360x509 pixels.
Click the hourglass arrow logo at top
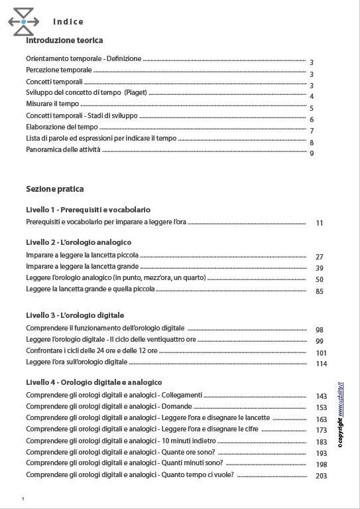click(x=23, y=22)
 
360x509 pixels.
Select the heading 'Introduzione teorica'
click(x=64, y=40)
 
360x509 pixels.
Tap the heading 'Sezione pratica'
click(x=55, y=189)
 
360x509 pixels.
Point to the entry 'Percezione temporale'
click(x=59, y=70)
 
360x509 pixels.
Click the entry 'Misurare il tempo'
click(x=52, y=104)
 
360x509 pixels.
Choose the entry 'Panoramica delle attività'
click(x=64, y=150)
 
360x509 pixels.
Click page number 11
click(x=320, y=223)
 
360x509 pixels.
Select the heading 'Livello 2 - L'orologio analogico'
click(x=78, y=242)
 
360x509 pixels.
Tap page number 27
click(x=320, y=257)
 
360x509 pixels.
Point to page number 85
click(x=320, y=291)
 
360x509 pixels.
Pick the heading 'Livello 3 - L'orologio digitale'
click(x=75, y=315)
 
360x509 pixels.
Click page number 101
click(x=322, y=353)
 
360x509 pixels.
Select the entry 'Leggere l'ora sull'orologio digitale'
click(x=76, y=362)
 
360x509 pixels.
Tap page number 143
click(x=322, y=396)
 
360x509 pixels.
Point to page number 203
click(x=322, y=476)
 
